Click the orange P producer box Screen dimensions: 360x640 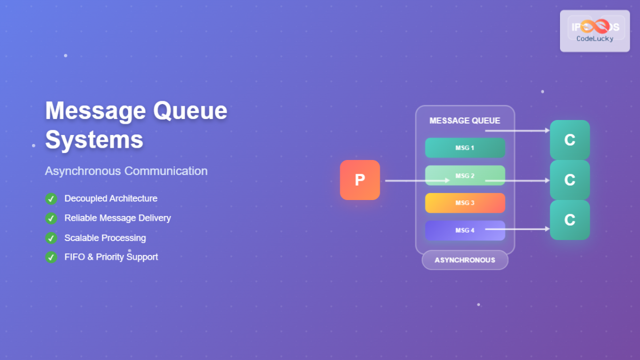tap(360, 180)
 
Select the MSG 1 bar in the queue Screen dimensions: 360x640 tap(465, 148)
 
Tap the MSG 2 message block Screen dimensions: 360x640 tap(465, 175)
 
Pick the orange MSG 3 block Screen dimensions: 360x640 tap(465, 203)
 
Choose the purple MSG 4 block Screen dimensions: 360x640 tap(465, 230)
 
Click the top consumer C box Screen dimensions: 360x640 tap(570, 140)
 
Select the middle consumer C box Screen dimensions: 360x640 tap(570, 180)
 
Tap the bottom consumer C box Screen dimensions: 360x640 tap(570, 220)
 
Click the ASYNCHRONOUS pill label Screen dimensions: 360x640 tap(465, 260)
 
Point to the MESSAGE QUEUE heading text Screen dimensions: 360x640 tap(465, 121)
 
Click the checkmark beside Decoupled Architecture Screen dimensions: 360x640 tap(51, 199)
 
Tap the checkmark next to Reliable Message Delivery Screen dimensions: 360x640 tap(51, 218)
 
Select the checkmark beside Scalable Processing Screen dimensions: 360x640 tap(51, 238)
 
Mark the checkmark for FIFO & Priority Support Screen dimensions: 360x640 tap(51, 257)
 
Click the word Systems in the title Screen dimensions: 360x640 tap(94, 140)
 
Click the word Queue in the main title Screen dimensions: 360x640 tap(190, 111)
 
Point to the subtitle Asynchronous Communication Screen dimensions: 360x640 tap(126, 171)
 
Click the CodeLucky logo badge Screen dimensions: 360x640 tap(595, 31)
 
